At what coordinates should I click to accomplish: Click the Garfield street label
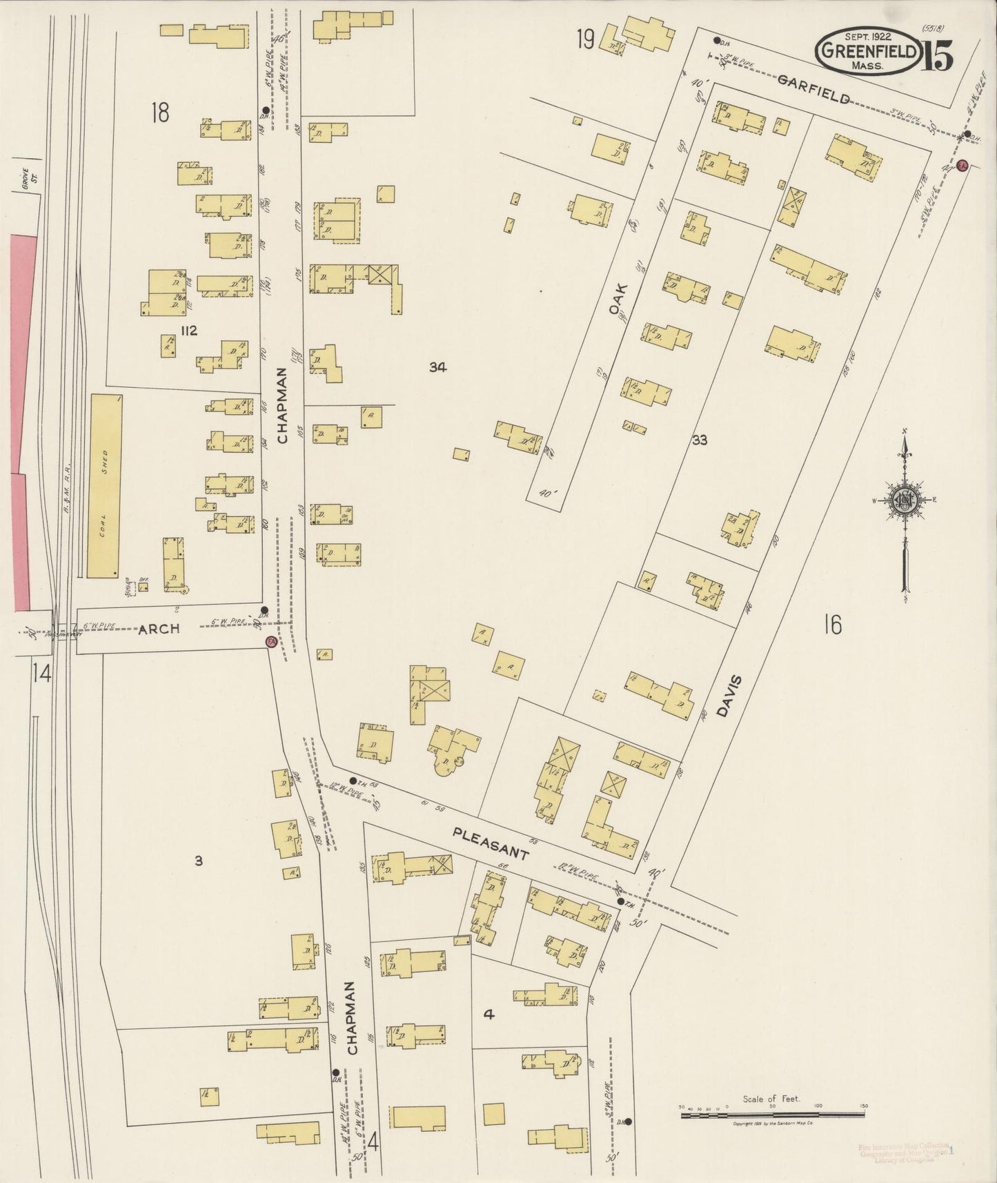click(x=813, y=89)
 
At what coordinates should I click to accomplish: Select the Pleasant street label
click(x=491, y=843)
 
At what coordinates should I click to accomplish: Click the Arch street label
click(x=159, y=629)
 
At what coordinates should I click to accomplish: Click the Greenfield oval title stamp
click(x=869, y=52)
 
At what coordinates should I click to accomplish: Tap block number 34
click(x=437, y=367)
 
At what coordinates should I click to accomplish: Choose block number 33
click(x=699, y=440)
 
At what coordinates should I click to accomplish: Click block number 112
click(x=188, y=331)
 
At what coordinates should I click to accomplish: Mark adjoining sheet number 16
click(x=832, y=625)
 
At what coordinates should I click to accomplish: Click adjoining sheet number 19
click(x=585, y=41)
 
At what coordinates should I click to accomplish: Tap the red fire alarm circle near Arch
click(x=271, y=642)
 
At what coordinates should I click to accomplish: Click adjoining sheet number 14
click(x=41, y=673)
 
